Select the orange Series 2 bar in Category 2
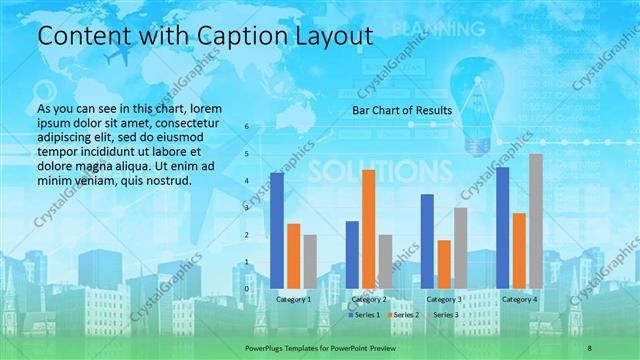(368, 229)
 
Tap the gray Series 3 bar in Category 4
(536, 221)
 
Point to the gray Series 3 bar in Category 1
(310, 262)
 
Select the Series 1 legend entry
(366, 315)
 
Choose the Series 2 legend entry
(404, 315)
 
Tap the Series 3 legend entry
(442, 315)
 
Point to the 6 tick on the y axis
(247, 127)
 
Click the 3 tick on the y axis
(247, 208)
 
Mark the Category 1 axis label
(292, 299)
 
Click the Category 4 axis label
(519, 299)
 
